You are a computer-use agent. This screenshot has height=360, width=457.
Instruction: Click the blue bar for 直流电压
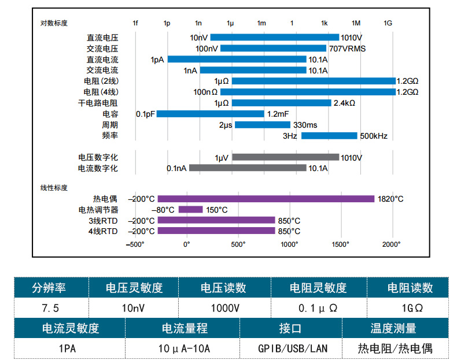point(275,38)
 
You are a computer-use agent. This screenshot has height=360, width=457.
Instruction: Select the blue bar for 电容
point(210,114)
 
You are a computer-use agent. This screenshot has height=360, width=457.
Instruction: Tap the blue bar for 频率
point(329,136)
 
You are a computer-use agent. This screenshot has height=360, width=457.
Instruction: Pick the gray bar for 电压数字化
point(285,157)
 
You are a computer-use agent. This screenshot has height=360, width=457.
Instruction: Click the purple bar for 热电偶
point(266,199)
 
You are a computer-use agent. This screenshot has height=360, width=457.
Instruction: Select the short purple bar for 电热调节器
point(190,210)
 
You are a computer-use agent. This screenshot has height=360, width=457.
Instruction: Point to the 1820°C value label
point(390,199)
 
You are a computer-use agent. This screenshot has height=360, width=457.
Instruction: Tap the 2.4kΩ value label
point(344,103)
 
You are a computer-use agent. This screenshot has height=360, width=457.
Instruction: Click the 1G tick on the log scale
point(388,23)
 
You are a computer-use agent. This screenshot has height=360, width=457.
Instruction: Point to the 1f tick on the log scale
point(135,23)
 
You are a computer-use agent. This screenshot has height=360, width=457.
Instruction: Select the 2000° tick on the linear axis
point(392,244)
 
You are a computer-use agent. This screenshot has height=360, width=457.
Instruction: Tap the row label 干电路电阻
point(98,103)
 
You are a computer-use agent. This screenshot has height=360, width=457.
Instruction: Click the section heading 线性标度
point(54,187)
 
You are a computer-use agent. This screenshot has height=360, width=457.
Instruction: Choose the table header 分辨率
point(51,288)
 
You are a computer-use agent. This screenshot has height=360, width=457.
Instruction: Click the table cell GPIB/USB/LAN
point(292,348)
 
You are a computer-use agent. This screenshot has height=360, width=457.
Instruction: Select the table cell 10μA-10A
point(184,348)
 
